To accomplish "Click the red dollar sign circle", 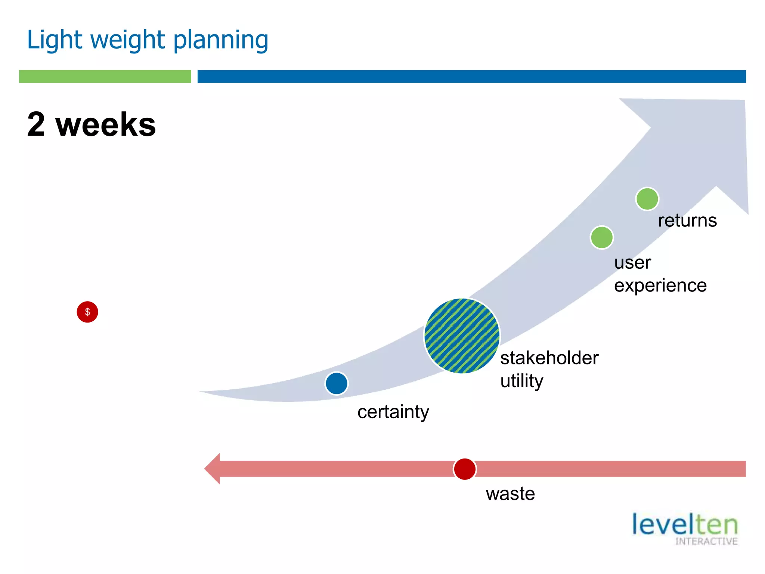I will tap(87, 312).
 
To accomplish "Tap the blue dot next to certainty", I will tap(337, 383).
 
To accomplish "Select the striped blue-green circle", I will tap(462, 336).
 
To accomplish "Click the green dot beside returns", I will tap(647, 199).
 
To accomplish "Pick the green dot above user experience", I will tap(602, 237).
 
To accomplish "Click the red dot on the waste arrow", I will tap(465, 469).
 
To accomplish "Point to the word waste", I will tap(510, 494).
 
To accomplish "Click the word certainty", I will tap(393, 412).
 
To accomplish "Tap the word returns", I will tap(687, 220).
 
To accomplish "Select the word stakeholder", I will tap(549, 358).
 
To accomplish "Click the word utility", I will tap(522, 381).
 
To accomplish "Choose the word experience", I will tap(660, 286).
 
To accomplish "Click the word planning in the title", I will tap(221, 40).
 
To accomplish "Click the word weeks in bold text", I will tap(106, 124).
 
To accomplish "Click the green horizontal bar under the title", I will tap(105, 76).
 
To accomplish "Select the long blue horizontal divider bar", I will tap(471, 76).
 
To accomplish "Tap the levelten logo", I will tap(685, 528).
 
